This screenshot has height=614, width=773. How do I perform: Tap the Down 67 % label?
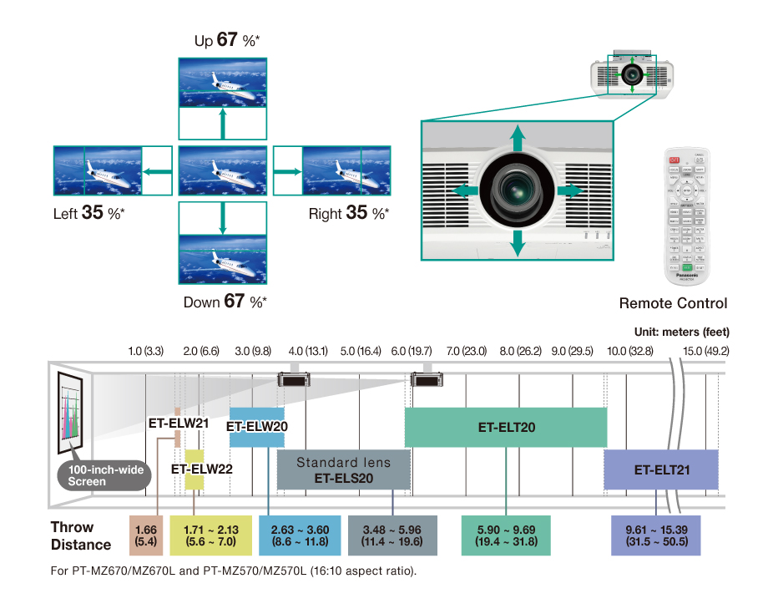pos(225,301)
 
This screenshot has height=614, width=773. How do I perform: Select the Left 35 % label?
pos(89,214)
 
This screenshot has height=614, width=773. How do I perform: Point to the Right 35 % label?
pos(348,214)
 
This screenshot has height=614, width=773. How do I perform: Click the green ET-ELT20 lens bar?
pos(506,427)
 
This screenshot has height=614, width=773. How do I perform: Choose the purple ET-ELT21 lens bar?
pos(661,469)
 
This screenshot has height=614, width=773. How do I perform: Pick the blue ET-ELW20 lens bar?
pos(257,425)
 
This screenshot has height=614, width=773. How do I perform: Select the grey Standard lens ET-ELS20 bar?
pos(343,470)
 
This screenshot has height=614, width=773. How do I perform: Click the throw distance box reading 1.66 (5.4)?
pos(146,535)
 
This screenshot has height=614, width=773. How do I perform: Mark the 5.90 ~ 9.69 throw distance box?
pos(506,535)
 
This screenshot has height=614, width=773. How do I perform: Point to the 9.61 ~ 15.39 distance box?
pos(656,535)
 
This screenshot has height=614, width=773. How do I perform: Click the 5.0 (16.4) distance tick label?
pos(361,351)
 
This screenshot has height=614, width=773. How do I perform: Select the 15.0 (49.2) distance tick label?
pos(705,351)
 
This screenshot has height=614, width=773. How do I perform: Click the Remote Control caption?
pos(673,303)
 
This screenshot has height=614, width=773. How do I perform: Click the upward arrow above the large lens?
pos(518,138)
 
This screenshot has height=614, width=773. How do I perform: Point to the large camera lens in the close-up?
pos(518,190)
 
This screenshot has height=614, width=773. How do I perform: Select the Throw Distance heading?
pos(80,535)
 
